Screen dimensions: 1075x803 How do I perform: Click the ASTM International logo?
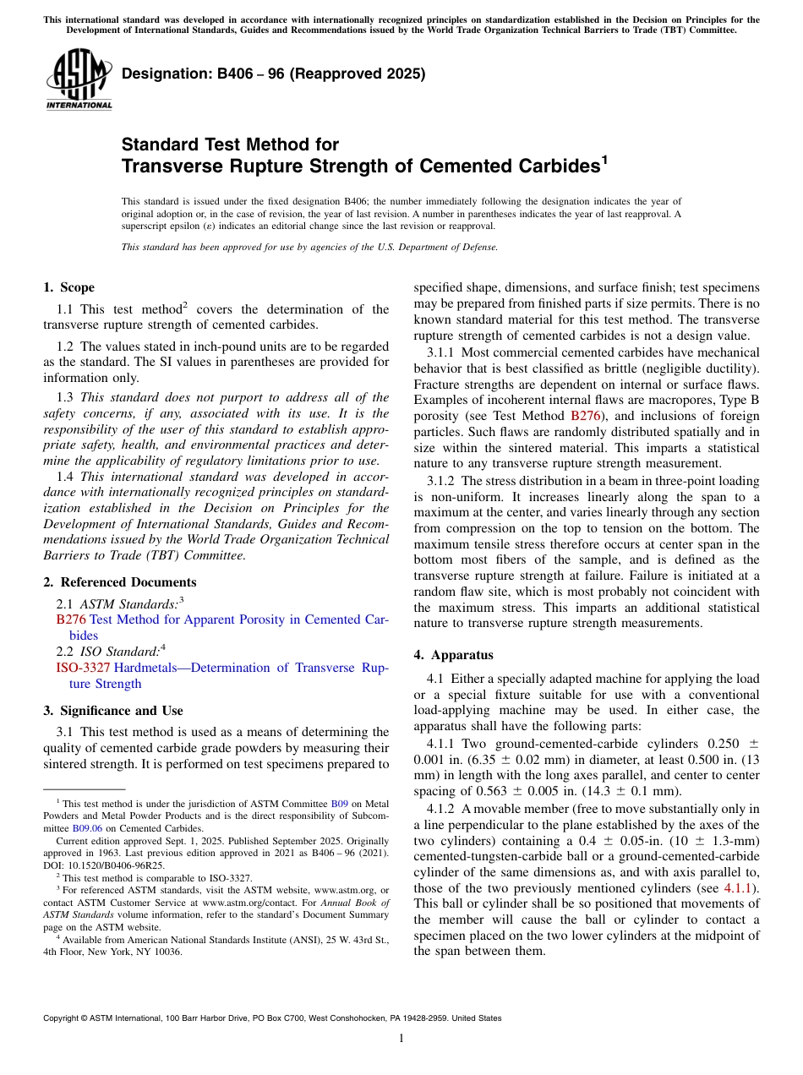[79, 80]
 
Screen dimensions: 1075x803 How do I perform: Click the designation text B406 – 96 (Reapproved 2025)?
[273, 74]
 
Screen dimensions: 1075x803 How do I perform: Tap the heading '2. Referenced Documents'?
[120, 582]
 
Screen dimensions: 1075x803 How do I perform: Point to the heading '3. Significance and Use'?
[113, 711]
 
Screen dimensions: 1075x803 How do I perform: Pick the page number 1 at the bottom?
[401, 1039]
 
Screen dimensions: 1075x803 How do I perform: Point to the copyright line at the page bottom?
[272, 1018]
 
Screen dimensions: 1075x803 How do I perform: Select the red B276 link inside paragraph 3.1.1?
[586, 416]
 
